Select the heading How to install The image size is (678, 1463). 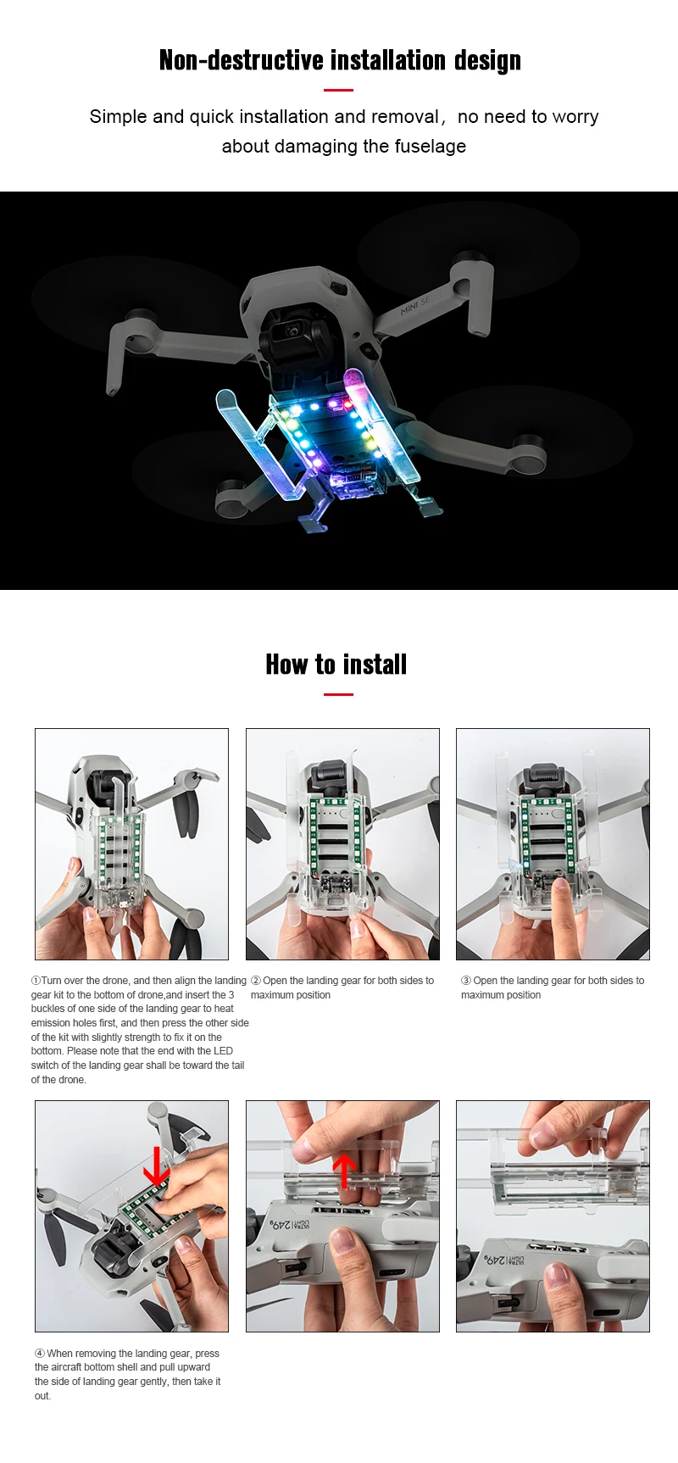(336, 665)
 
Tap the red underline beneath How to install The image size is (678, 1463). (338, 694)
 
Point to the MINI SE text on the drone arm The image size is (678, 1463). (415, 306)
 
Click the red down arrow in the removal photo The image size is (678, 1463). (155, 1168)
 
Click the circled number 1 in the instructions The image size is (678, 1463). (36, 981)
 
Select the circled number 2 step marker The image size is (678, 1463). (256, 981)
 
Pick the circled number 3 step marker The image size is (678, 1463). (466, 981)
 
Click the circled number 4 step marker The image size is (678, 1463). (40, 1354)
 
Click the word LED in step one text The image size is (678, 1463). (224, 1051)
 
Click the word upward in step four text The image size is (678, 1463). (194, 1367)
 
